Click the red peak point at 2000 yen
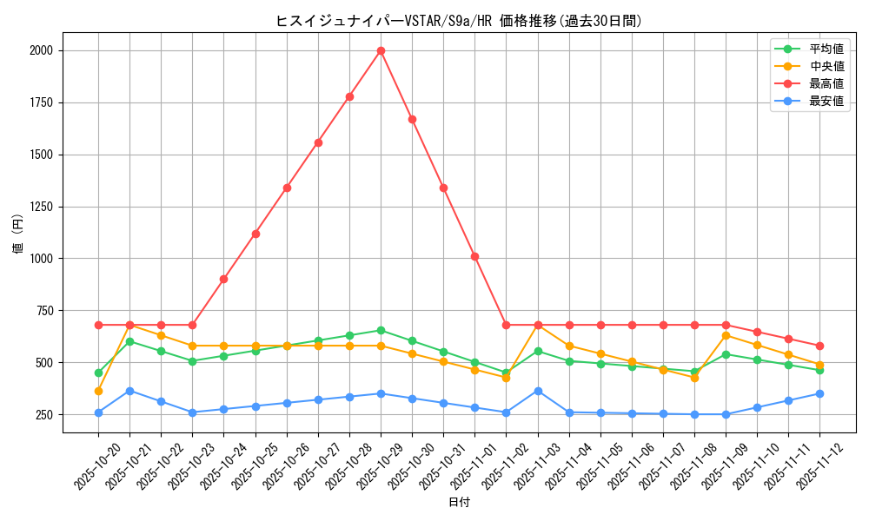click(381, 50)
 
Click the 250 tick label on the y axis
click(43, 415)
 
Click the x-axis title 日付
click(459, 503)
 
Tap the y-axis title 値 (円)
click(17, 234)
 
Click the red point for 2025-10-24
click(223, 279)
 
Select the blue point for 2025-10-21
click(129, 391)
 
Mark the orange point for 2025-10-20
click(98, 391)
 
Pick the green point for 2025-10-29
click(381, 330)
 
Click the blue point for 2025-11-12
click(819, 393)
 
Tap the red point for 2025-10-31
click(443, 188)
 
